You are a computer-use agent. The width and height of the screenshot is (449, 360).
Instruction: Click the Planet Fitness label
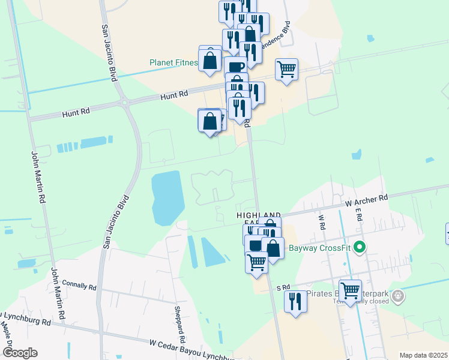(x=173, y=63)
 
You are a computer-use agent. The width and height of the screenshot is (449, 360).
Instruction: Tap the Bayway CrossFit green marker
(x=360, y=247)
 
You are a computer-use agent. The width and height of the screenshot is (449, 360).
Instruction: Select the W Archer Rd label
(x=366, y=200)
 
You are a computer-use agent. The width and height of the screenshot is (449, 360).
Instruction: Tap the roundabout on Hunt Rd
(x=125, y=103)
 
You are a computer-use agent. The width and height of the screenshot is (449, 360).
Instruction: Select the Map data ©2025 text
(x=423, y=355)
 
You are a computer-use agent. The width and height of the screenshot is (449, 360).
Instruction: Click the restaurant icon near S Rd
(x=295, y=302)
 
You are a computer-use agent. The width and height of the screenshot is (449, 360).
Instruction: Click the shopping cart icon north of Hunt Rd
(x=287, y=70)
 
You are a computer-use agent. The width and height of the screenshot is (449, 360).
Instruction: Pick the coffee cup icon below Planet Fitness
(x=236, y=67)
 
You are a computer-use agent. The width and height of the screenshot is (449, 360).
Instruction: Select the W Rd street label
(x=322, y=223)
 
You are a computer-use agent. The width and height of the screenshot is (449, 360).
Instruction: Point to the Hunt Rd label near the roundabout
(x=174, y=95)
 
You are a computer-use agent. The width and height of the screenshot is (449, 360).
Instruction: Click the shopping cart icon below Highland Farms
(x=257, y=262)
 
